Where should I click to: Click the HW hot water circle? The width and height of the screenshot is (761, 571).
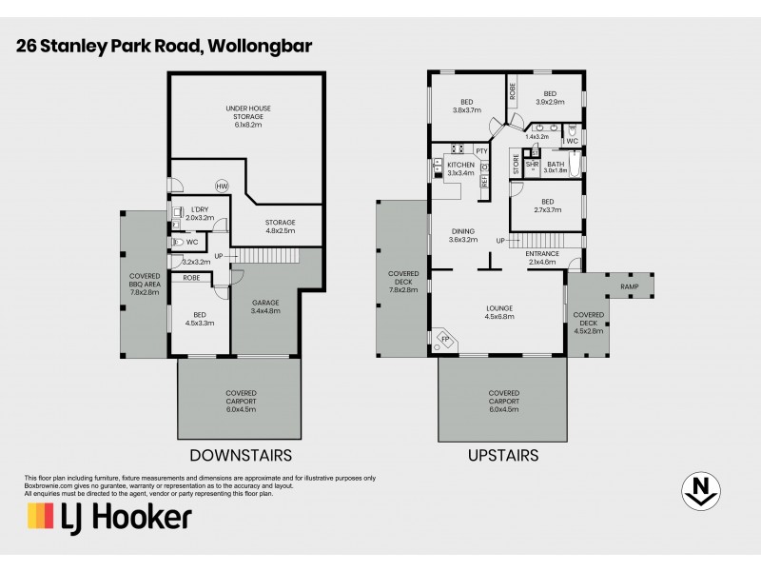(x=222, y=186)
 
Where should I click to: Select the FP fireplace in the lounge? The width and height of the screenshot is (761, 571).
(x=443, y=338)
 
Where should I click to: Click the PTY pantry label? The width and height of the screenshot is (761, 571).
(x=481, y=150)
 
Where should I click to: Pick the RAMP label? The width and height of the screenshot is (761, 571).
(x=629, y=286)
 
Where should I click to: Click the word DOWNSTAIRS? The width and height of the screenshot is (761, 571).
(x=240, y=455)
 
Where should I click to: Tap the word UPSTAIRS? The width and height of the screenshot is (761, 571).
(x=503, y=455)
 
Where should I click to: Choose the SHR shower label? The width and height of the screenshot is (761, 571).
(x=533, y=165)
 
